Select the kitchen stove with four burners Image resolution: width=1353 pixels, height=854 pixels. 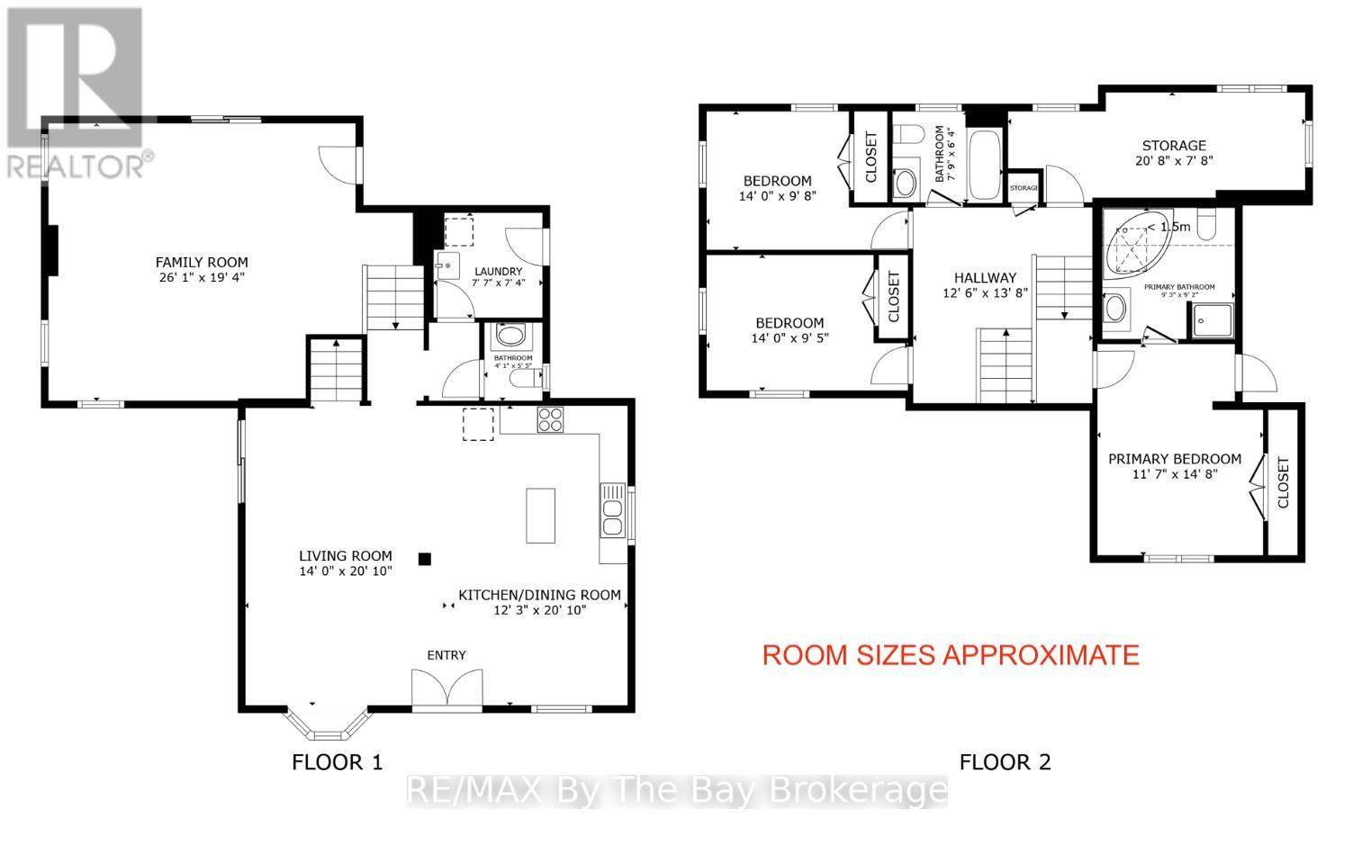[x=550, y=419]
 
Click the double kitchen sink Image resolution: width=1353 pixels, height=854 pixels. [x=613, y=514]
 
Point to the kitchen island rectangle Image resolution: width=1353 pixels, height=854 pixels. [x=541, y=515]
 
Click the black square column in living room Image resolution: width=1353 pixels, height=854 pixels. [x=426, y=558]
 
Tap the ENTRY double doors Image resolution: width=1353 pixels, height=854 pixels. [x=446, y=691]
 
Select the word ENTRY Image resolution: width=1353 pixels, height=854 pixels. [x=446, y=655]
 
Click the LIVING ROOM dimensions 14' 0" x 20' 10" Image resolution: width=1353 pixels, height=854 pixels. [x=347, y=571]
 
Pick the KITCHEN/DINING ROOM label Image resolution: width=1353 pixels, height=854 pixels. [x=540, y=595]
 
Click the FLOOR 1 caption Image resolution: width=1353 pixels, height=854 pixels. [x=338, y=762]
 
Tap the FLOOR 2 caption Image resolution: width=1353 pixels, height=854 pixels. [x=1005, y=762]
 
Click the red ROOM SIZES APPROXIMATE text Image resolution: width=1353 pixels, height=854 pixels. [x=951, y=655]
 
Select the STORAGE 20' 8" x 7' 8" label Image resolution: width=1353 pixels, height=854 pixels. [x=1174, y=153]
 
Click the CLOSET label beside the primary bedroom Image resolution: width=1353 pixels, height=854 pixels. [x=1283, y=483]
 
